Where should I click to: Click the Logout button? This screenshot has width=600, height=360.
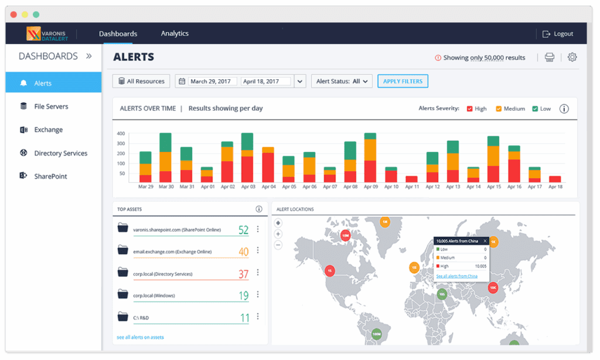557,34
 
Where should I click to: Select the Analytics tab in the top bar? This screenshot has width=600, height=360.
175,33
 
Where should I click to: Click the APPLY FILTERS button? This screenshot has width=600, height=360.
403,81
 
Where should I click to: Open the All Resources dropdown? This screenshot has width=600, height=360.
141,81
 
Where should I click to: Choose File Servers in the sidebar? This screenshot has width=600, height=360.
51,107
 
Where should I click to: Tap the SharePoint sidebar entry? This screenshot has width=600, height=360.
50,176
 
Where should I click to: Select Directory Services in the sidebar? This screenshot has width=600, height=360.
60,153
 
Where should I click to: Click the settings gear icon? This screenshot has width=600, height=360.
572,57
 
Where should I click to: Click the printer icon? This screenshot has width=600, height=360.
549,57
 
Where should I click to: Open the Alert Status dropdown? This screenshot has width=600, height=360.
342,81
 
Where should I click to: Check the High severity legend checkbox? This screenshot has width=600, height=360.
470,109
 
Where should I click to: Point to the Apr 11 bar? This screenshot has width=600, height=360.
412,179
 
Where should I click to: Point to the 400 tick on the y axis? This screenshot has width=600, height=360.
121,134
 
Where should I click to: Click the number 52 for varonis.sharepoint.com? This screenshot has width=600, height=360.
243,230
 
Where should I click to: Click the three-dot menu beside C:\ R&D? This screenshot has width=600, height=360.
258,317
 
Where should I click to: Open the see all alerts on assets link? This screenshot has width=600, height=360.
140,337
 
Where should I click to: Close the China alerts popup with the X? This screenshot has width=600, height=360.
485,241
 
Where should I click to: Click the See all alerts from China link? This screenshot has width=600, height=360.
456,276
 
